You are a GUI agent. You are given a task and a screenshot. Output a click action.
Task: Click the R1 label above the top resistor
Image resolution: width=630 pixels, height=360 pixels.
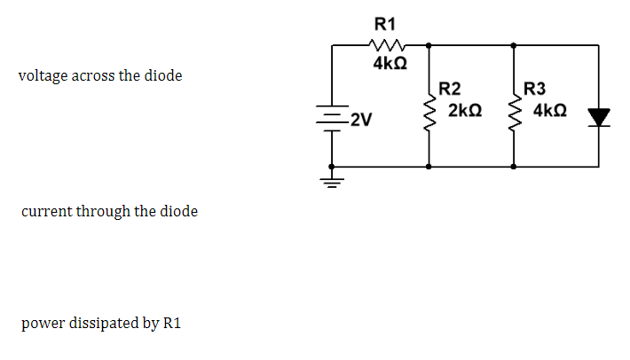pyautogui.click(x=386, y=23)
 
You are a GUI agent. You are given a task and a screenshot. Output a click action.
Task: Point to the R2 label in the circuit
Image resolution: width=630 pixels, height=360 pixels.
pyautogui.click(x=450, y=89)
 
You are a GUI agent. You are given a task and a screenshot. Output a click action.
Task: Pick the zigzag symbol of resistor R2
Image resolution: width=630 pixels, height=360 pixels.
pyautogui.click(x=429, y=113)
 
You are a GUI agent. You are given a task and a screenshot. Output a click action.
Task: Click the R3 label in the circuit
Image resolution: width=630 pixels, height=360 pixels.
pyautogui.click(x=536, y=89)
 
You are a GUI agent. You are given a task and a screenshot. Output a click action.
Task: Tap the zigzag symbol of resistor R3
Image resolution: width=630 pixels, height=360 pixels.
pyautogui.click(x=514, y=113)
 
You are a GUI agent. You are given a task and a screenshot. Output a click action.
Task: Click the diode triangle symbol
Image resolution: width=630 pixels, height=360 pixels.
pyautogui.click(x=601, y=117)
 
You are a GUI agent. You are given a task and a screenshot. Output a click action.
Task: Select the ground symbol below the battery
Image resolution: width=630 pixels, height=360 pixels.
pyautogui.click(x=333, y=184)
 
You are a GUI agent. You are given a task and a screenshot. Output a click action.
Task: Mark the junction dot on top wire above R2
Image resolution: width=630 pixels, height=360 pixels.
pyautogui.click(x=429, y=44)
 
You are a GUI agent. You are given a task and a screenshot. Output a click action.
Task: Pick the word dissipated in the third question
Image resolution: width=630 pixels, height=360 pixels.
pyautogui.click(x=100, y=323)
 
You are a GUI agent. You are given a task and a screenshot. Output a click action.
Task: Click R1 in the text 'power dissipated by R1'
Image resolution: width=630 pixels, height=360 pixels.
pyautogui.click(x=172, y=323)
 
